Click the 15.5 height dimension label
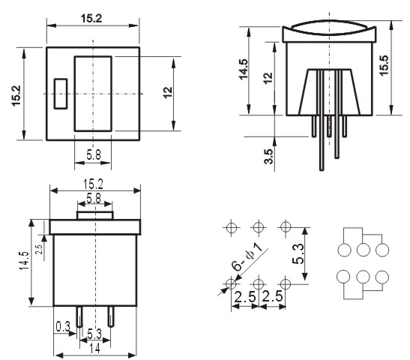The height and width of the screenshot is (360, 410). coord(385,66)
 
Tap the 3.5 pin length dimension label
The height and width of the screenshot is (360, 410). coord(268,157)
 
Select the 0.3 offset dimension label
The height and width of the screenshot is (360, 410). coord(63,326)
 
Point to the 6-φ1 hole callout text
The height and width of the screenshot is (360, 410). coord(247,257)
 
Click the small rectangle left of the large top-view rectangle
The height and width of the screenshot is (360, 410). coord(61,94)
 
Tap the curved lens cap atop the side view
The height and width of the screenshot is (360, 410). coord(329,27)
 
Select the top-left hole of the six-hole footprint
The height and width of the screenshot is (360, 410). coord(232,227)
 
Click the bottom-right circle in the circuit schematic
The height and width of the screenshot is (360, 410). coord(382,277)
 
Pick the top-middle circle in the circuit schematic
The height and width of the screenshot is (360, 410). coord(364,250)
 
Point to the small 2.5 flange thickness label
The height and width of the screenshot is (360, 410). coord(39,249)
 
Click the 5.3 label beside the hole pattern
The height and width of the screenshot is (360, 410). coord(298,253)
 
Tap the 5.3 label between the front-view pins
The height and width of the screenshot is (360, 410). coord(94,334)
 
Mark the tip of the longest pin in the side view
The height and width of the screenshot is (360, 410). coord(322,170)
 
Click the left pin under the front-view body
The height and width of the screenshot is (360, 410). coord(79,316)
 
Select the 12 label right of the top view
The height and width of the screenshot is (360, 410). coord(168,92)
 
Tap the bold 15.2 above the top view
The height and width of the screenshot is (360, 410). coord(91,19)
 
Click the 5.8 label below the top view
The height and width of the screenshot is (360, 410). coord(94,155)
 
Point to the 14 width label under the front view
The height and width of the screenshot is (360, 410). coord(94,348)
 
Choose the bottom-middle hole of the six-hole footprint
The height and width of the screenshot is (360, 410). coord(259,283)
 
